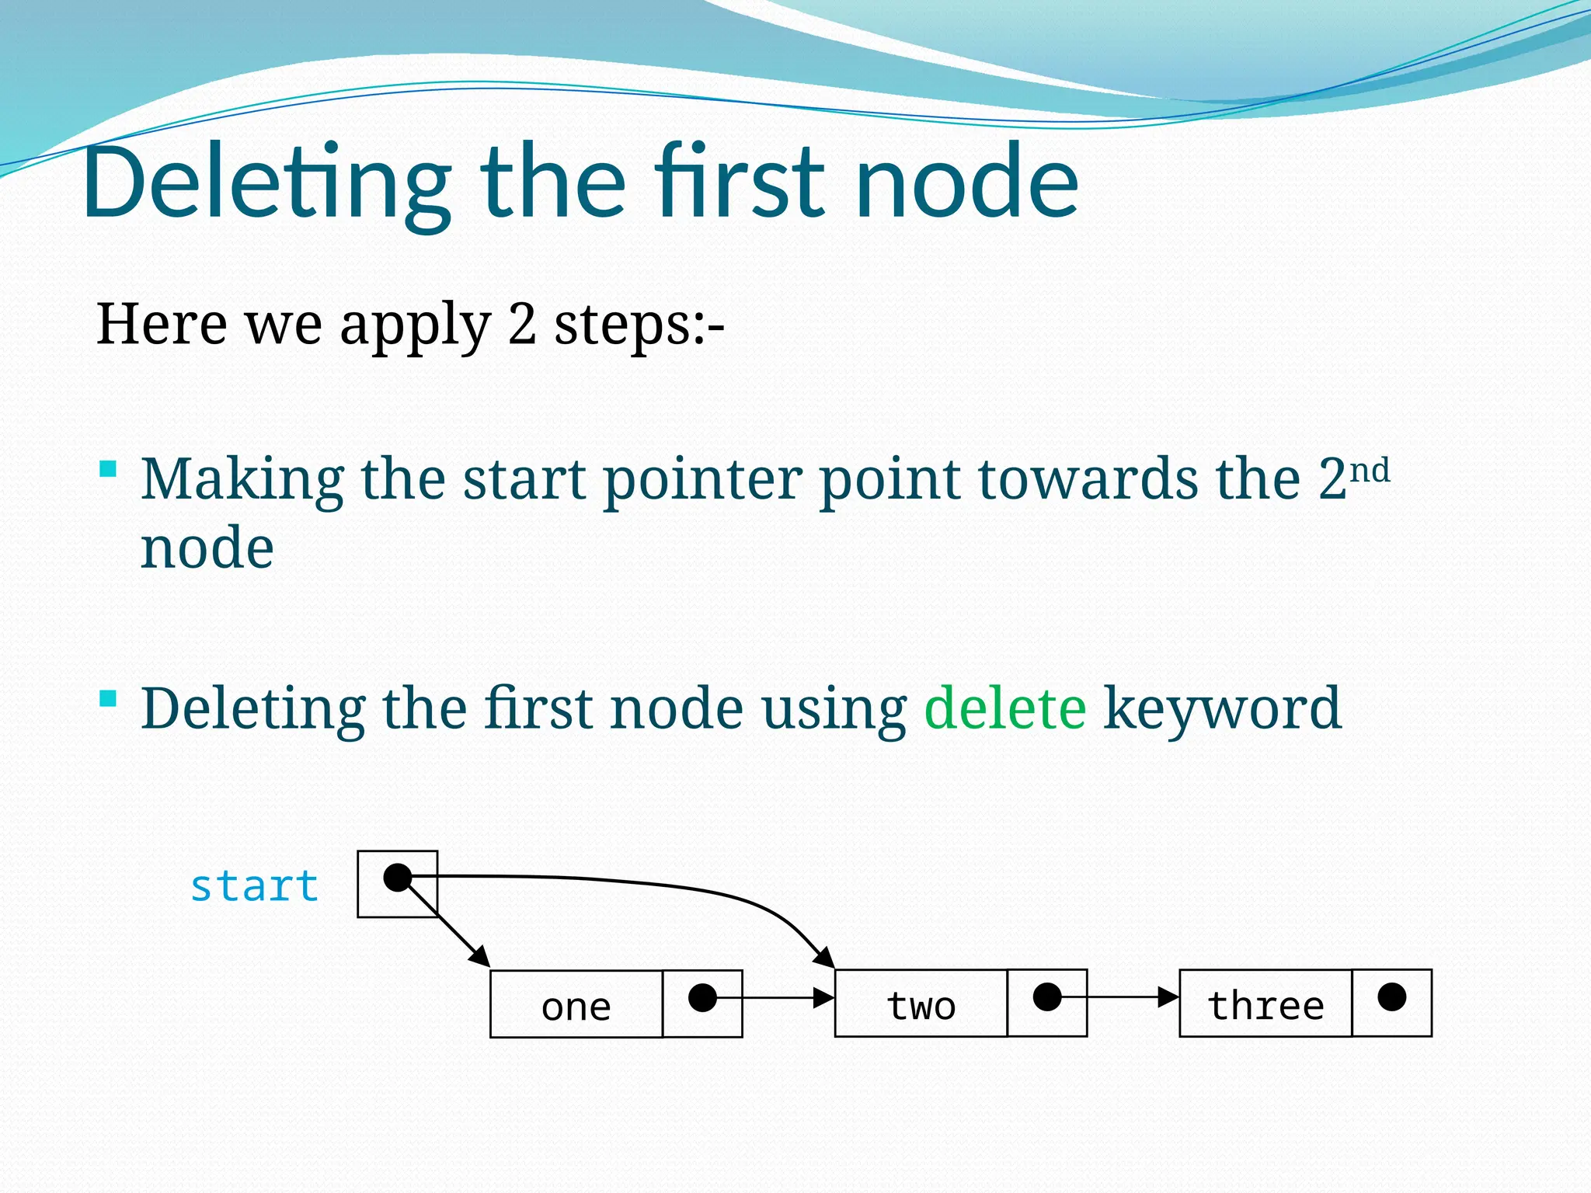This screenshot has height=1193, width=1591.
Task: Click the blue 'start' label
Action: click(x=254, y=886)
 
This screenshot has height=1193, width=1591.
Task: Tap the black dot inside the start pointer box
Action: click(x=397, y=878)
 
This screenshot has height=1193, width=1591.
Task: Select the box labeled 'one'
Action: click(x=576, y=1004)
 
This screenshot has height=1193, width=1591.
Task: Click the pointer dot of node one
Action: click(x=702, y=997)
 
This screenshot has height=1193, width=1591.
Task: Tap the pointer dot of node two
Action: click(x=1047, y=996)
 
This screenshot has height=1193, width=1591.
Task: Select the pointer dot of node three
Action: click(x=1391, y=996)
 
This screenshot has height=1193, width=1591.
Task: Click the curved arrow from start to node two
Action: click(x=660, y=885)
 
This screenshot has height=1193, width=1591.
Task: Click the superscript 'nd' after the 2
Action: click(x=1370, y=471)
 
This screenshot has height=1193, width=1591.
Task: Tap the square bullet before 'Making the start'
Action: click(x=109, y=468)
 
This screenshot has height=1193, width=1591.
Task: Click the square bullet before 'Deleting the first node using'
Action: click(x=109, y=698)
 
